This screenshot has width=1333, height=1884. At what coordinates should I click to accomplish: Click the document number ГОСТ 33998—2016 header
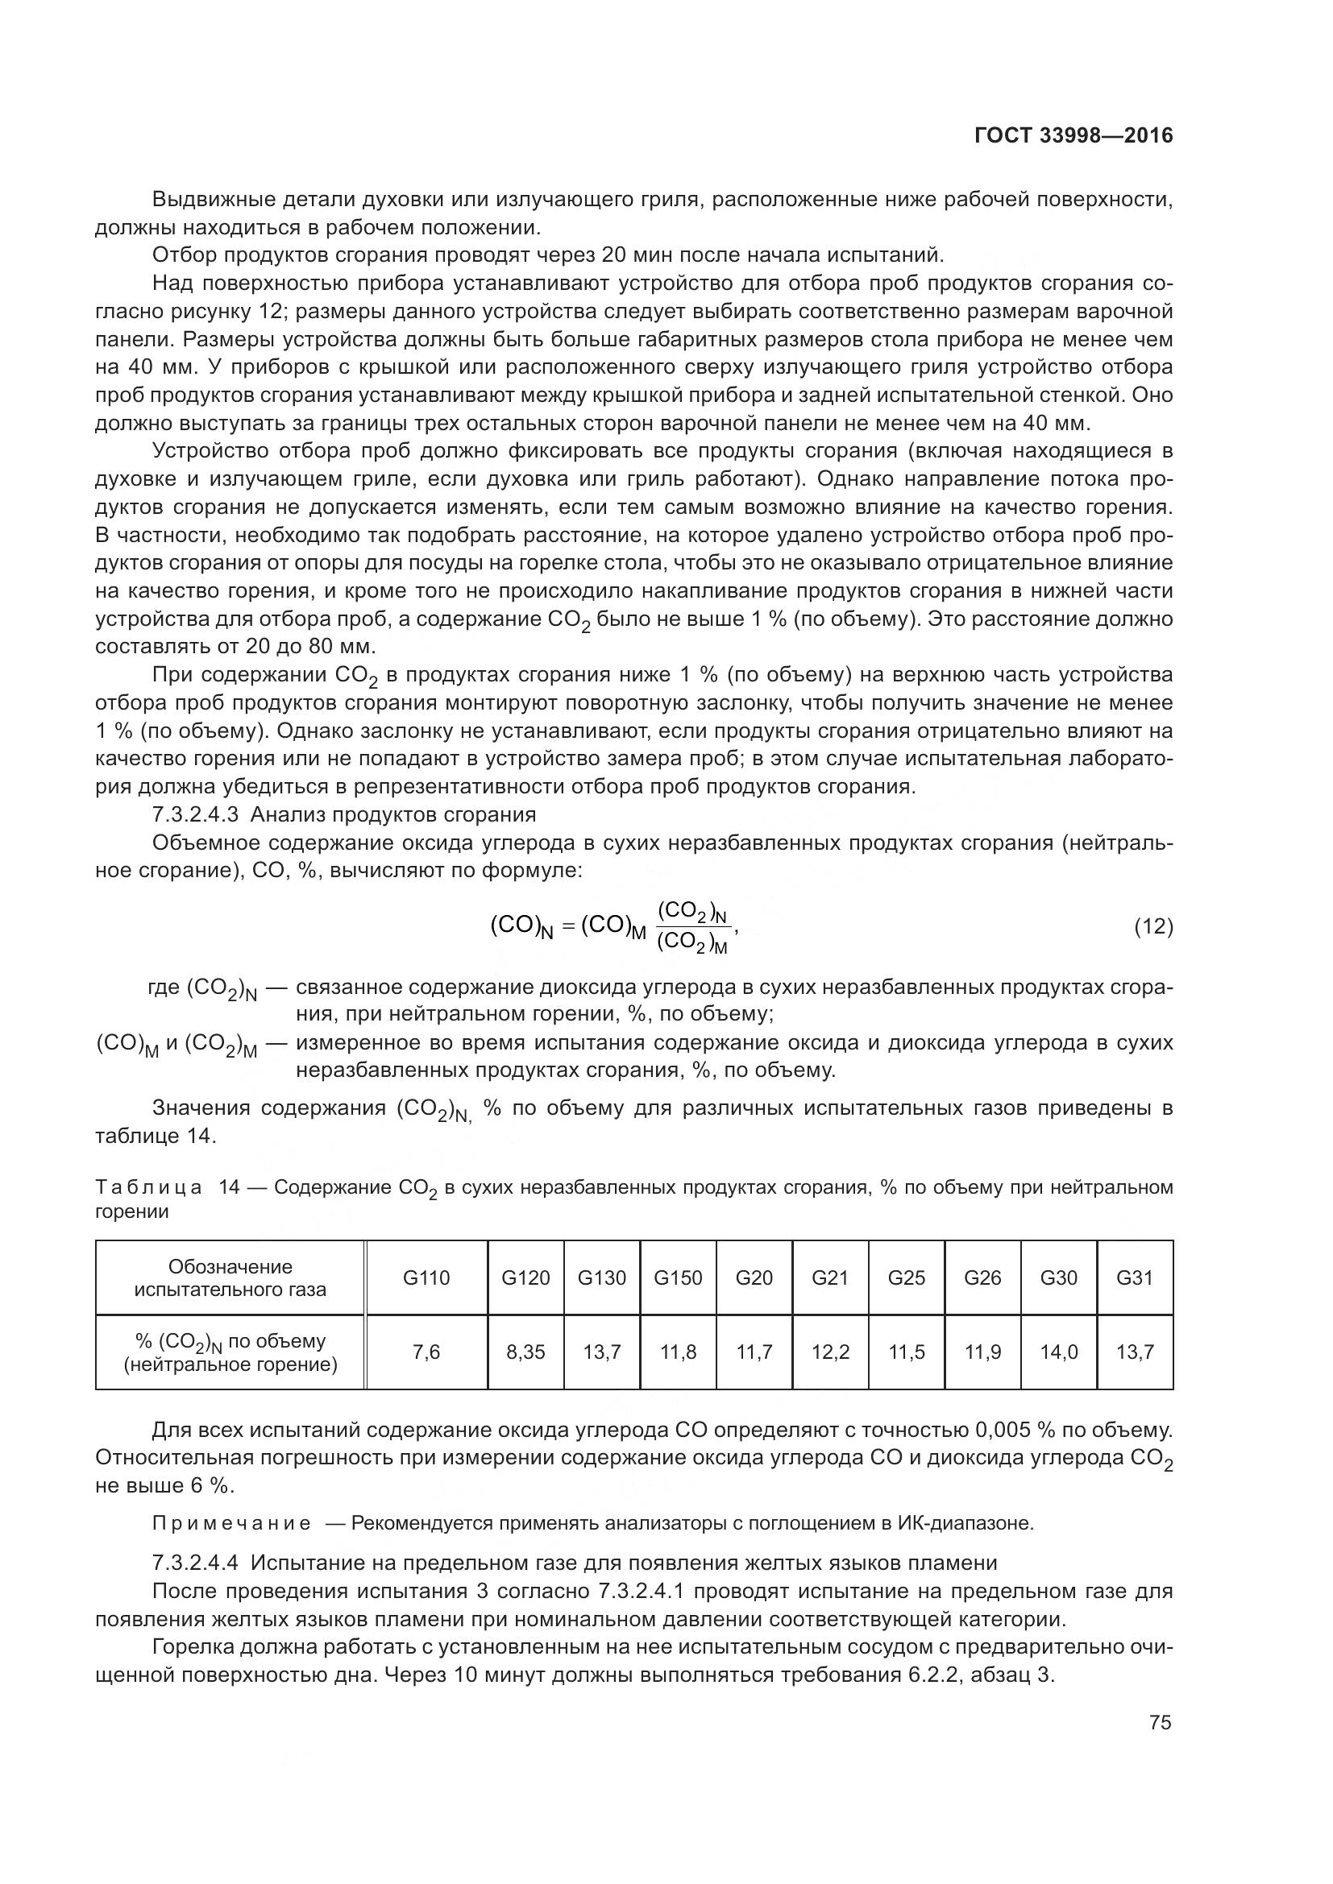point(1073,135)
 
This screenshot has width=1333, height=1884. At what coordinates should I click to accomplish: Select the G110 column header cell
point(426,1277)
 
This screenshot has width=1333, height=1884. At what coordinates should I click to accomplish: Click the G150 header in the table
point(678,1277)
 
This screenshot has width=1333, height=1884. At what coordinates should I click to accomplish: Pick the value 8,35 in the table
point(525,1352)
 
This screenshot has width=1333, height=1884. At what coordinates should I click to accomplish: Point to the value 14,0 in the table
point(1059,1352)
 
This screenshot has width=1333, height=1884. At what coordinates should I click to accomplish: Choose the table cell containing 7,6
point(426,1352)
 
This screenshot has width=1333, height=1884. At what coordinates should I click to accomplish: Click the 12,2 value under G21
point(830,1352)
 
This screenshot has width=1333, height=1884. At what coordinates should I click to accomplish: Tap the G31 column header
point(1135,1277)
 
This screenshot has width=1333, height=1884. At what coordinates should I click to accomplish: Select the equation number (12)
point(1153,927)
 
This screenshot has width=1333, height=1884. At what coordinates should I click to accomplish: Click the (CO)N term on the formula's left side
point(522,927)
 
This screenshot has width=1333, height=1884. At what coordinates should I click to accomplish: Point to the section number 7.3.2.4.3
point(195,815)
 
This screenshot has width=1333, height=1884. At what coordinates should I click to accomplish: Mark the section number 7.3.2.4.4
point(195,1563)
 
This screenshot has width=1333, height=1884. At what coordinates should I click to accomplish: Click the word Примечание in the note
point(231,1524)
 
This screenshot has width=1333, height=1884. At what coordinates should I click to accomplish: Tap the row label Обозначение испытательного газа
point(230,1277)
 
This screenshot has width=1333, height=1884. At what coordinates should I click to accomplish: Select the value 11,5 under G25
point(906,1352)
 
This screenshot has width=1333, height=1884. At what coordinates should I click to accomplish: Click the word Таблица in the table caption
point(148,1187)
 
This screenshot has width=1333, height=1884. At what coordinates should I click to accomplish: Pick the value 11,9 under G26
point(982,1352)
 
